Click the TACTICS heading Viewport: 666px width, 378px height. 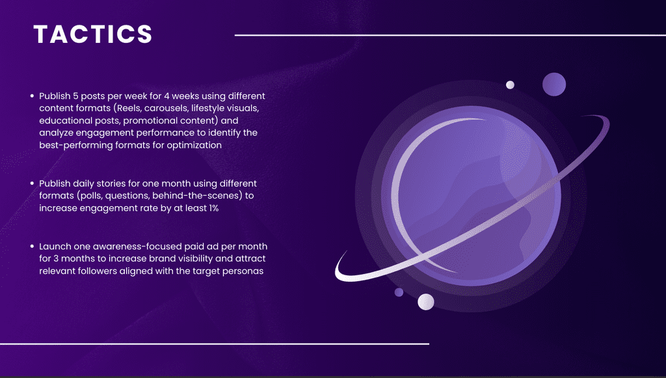click(92, 34)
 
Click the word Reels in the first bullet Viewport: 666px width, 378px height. click(129, 108)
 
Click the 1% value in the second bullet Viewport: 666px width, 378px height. click(213, 208)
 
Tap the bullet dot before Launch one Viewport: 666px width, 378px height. click(33, 247)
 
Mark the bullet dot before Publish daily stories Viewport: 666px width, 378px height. click(33, 183)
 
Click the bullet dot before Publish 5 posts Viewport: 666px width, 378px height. click(33, 96)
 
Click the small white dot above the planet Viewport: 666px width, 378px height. click(510, 85)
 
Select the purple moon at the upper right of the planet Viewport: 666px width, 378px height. click(554, 84)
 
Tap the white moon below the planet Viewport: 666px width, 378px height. click(426, 302)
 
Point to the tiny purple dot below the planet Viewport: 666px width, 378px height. click(399, 292)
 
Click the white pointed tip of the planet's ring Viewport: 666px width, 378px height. click(346, 251)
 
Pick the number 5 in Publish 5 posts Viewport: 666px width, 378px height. click(76, 96)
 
